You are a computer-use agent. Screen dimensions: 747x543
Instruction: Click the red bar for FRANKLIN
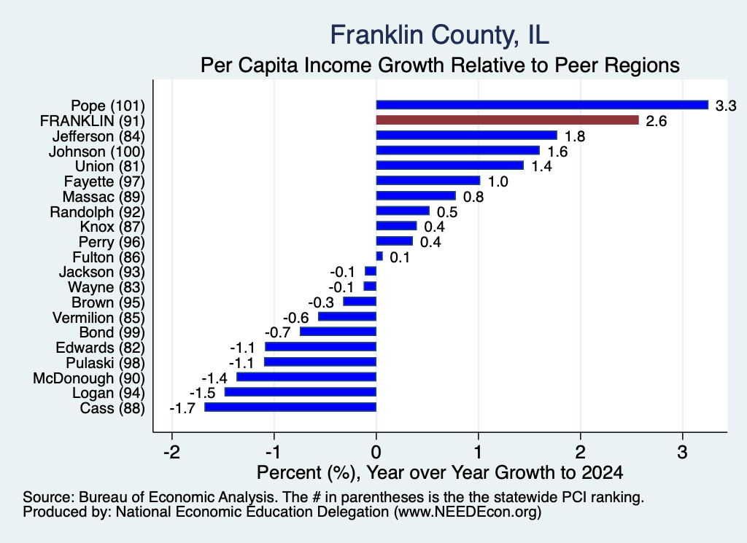click(x=508, y=120)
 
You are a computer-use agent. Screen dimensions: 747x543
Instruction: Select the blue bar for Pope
click(x=542, y=105)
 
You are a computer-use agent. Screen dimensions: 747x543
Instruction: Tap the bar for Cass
click(x=290, y=407)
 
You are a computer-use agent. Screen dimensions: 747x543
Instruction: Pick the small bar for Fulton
click(x=379, y=256)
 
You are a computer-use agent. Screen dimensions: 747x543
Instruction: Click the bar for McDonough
click(x=306, y=377)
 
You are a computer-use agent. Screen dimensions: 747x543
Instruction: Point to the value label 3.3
click(x=726, y=106)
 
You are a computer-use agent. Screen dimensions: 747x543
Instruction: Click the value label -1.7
click(x=182, y=408)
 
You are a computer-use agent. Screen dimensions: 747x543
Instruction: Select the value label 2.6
click(x=656, y=121)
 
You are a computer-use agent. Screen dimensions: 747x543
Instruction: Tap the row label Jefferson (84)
click(x=98, y=136)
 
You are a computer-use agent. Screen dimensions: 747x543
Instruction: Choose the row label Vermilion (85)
click(x=98, y=318)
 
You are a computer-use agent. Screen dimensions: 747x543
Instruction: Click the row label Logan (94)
click(x=109, y=393)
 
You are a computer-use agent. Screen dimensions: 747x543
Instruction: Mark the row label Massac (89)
click(x=104, y=197)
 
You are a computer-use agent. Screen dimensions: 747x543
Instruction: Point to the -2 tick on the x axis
click(x=172, y=452)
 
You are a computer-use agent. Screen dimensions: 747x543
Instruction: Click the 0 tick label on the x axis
click(x=376, y=452)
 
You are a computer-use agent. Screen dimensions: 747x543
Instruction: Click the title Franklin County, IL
click(x=440, y=35)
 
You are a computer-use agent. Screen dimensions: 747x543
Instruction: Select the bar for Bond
click(x=338, y=332)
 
